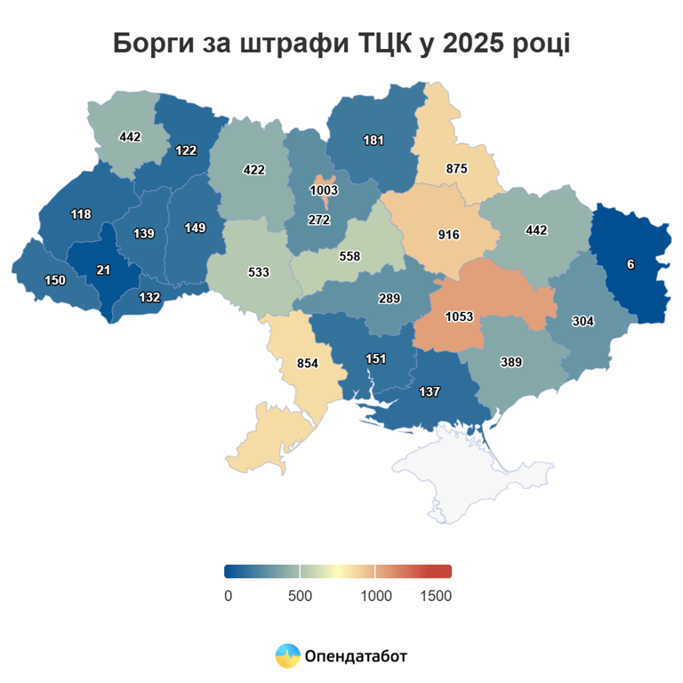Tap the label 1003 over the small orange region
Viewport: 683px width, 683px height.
tap(324, 190)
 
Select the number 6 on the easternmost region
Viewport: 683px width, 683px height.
tap(631, 264)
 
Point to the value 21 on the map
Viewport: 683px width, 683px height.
tap(103, 270)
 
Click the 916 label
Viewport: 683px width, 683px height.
tap(448, 235)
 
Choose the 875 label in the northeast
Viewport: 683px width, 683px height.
tap(457, 168)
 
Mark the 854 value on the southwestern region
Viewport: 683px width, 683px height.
tap(307, 363)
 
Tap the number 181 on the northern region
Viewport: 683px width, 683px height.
tap(374, 141)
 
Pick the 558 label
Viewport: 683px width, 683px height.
tap(350, 255)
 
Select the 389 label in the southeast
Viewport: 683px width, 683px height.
tap(510, 362)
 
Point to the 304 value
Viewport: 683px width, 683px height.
tap(583, 321)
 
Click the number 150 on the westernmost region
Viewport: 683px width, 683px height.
tap(55, 280)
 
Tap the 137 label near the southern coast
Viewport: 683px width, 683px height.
tap(429, 392)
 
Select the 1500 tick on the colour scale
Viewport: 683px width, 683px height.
tap(436, 595)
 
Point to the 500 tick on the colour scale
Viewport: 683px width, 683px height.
tap(301, 595)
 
